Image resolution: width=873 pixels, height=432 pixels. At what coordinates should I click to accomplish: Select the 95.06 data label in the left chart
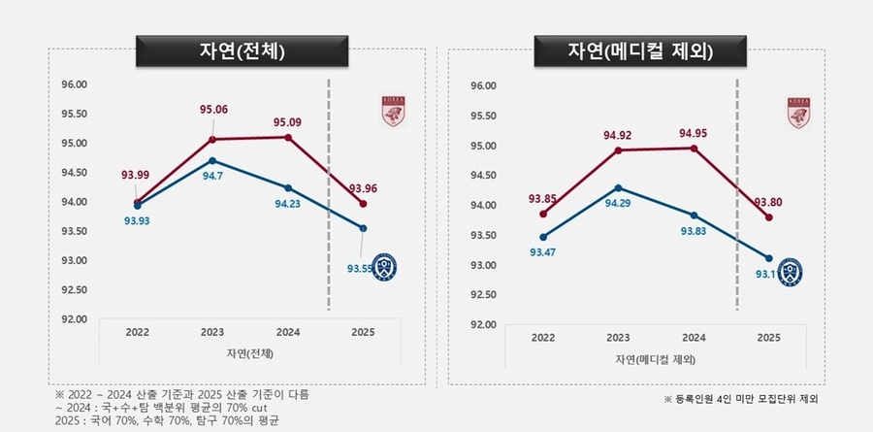[x=213, y=109]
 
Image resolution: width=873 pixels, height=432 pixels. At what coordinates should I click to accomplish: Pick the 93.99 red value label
[x=135, y=175]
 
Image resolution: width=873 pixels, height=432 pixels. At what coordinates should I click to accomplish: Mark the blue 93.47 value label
[x=542, y=252]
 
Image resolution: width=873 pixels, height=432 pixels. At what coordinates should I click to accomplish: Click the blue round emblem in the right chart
[x=791, y=270]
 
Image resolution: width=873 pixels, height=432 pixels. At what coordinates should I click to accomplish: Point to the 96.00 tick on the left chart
[x=76, y=84]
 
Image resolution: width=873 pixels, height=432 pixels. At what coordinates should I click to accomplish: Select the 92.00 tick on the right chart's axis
[x=483, y=324]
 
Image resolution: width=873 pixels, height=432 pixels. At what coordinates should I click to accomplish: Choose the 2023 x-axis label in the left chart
[x=212, y=332]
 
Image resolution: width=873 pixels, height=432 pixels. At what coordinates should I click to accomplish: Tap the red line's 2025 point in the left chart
[x=362, y=204]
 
